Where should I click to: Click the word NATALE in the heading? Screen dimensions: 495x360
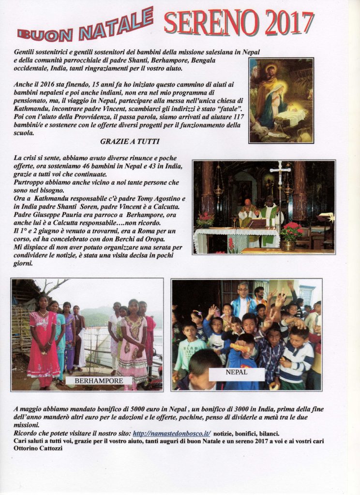pos(116,26)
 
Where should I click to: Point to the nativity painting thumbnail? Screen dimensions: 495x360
pos(281,100)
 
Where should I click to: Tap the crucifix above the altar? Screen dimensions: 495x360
pos(280,170)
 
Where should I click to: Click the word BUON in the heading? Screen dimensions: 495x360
pos(45,34)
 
